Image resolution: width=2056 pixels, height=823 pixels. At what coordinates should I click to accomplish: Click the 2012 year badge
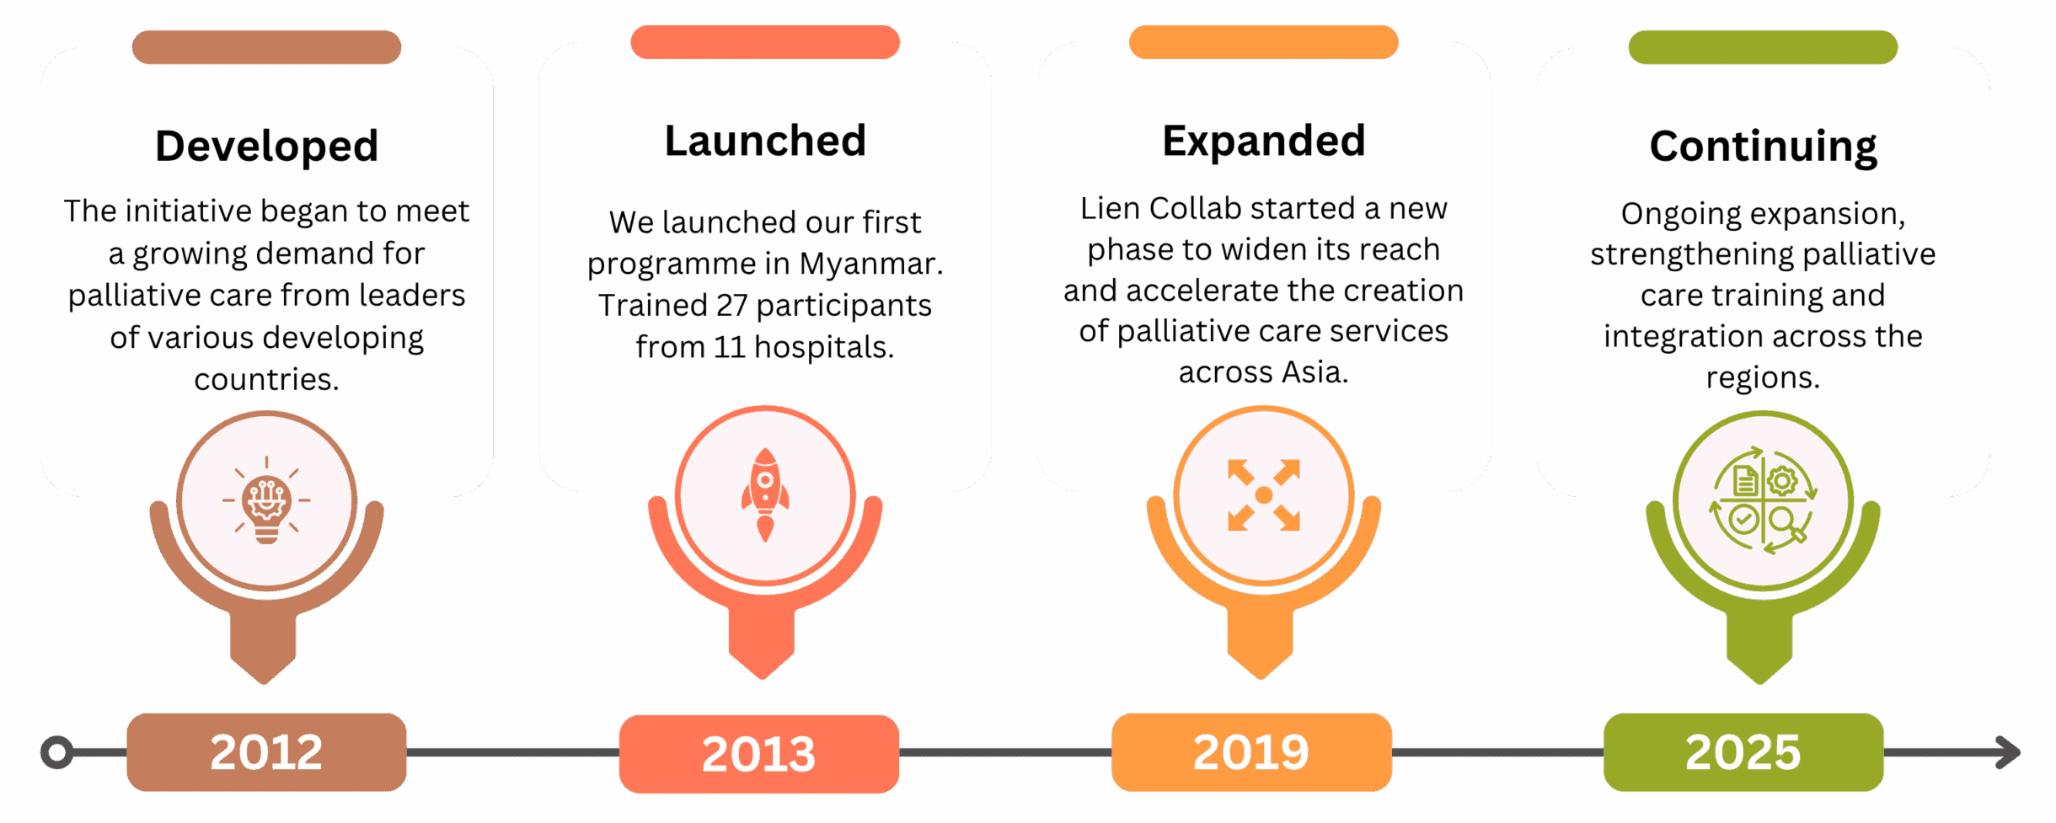click(266, 751)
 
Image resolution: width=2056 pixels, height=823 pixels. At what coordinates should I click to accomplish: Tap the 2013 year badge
click(758, 753)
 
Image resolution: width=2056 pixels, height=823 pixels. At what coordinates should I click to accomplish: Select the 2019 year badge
click(1251, 751)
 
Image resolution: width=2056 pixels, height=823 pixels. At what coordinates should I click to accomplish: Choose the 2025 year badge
click(1743, 751)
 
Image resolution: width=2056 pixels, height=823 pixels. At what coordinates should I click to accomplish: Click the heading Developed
click(266, 147)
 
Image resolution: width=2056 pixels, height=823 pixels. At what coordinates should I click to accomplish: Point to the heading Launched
click(765, 141)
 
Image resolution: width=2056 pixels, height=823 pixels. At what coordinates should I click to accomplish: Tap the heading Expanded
click(1264, 142)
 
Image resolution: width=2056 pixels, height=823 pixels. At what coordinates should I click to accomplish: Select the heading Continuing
click(1763, 147)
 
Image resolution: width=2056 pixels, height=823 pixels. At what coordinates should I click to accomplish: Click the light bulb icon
click(266, 500)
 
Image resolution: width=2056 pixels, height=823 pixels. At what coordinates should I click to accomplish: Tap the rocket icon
click(765, 494)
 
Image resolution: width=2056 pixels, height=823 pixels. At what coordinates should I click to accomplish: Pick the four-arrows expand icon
click(1264, 495)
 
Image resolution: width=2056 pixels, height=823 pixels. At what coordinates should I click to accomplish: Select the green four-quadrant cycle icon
click(1763, 500)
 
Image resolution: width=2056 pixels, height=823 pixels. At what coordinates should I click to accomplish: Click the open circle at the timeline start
click(56, 752)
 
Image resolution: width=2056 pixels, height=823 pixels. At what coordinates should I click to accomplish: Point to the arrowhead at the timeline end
click(2009, 752)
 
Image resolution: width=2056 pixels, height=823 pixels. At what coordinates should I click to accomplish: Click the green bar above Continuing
click(1763, 47)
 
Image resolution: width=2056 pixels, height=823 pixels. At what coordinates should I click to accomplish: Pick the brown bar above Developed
click(266, 47)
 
